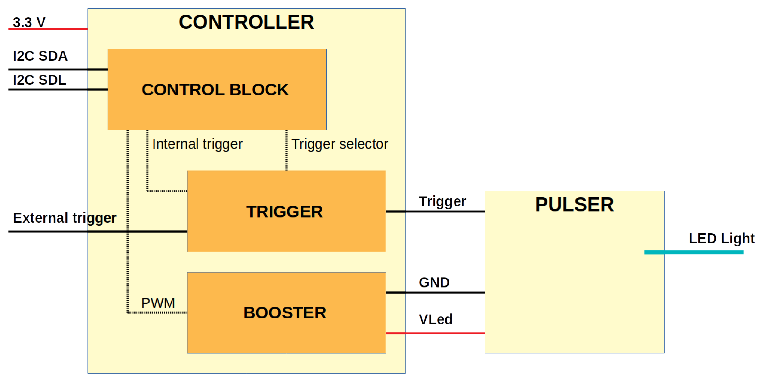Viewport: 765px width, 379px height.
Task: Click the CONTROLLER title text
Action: point(246,22)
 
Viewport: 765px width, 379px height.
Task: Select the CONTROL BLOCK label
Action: point(215,90)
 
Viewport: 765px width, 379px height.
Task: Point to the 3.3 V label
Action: point(29,22)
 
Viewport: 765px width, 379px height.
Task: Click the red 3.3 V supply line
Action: point(48,29)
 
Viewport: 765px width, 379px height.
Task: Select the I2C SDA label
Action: point(40,56)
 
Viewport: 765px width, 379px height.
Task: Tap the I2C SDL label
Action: point(39,80)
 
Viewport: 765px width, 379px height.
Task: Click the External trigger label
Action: point(65,218)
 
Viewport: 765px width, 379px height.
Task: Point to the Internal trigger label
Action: point(197,144)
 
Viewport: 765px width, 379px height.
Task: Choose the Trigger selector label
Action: point(339,144)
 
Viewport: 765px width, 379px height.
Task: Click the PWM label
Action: point(158,303)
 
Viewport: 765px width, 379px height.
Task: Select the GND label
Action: point(434,282)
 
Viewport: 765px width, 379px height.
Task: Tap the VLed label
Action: point(435,320)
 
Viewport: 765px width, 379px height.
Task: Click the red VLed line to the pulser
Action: point(435,333)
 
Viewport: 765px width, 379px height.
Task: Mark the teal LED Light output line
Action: point(693,252)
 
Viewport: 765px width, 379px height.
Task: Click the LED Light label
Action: point(721,239)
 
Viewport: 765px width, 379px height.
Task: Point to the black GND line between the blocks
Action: point(435,293)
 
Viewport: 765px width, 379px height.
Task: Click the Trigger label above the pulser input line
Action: point(442,202)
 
